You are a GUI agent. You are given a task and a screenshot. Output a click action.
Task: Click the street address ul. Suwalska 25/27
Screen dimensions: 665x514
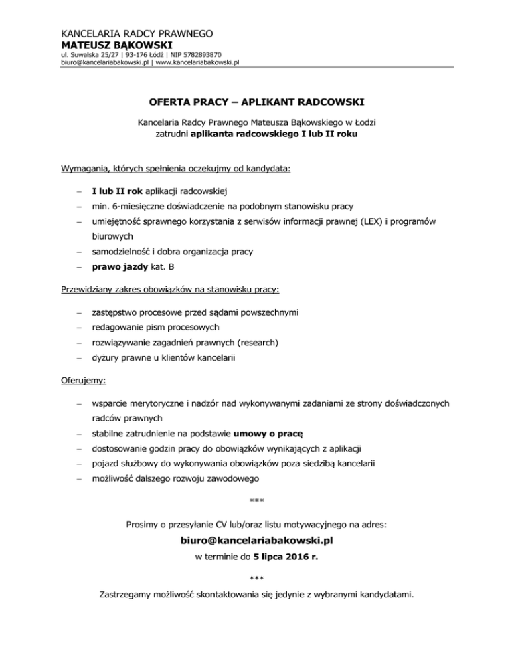83,54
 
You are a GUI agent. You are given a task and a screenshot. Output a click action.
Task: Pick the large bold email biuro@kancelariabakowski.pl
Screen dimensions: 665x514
257,539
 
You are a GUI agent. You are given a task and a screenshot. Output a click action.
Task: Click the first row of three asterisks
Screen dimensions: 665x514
257,502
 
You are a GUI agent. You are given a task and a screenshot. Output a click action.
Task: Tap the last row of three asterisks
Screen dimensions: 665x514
257,578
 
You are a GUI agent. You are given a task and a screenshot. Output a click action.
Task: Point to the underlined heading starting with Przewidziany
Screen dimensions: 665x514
170,292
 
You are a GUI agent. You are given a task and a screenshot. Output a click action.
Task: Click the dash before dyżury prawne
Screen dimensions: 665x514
78,358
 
